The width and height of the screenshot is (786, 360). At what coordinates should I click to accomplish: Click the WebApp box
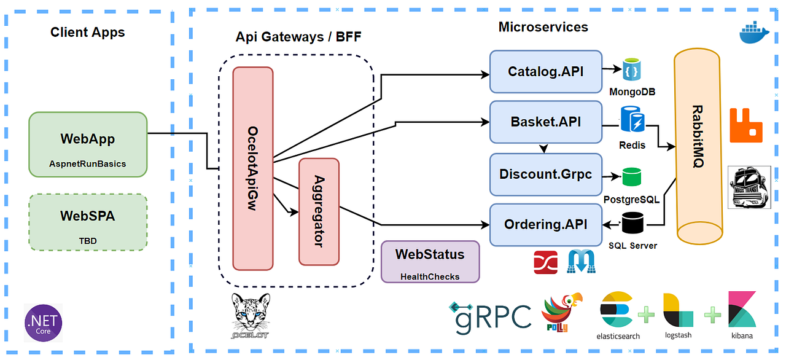[x=88, y=144]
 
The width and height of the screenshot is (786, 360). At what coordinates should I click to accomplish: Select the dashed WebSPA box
[x=88, y=222]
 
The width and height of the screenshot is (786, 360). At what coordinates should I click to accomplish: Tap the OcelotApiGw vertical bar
[x=252, y=168]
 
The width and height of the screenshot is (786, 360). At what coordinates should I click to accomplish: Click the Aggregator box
[x=319, y=211]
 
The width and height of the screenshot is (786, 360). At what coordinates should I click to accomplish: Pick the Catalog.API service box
[x=545, y=72]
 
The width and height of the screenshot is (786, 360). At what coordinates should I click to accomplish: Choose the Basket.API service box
[x=545, y=122]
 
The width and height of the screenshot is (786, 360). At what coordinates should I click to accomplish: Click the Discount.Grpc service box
[x=545, y=175]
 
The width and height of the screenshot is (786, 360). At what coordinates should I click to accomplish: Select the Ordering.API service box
[x=545, y=225]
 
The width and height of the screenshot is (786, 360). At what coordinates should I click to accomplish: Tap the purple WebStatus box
[x=430, y=261]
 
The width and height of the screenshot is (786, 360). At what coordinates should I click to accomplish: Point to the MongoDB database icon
[x=631, y=71]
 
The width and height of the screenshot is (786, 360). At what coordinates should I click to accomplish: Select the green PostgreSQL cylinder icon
[x=631, y=177]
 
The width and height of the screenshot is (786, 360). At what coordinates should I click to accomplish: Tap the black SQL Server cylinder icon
[x=632, y=223]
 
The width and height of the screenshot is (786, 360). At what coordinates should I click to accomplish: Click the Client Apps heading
[x=87, y=33]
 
